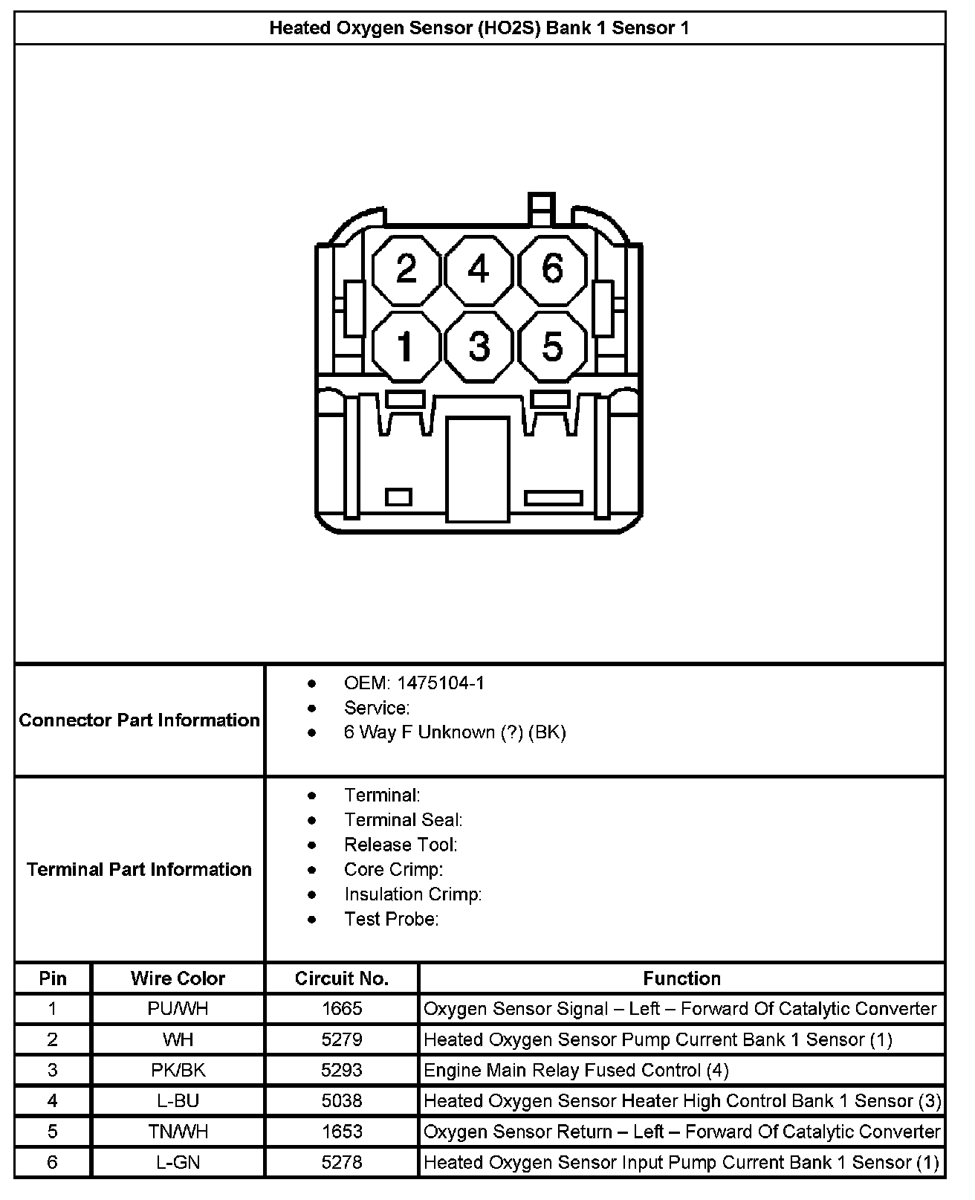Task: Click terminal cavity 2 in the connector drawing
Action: [406, 269]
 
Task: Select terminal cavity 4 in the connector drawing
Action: [479, 269]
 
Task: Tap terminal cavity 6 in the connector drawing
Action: [552, 269]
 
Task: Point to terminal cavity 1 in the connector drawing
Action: [406, 346]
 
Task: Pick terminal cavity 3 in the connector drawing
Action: [479, 346]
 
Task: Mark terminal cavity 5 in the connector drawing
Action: [552, 346]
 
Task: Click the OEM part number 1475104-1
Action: [440, 683]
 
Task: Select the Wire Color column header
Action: [178, 978]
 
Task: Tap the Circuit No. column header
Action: [342, 978]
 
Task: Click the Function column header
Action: [681, 978]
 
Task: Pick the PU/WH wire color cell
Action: [178, 1009]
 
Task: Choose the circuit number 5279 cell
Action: [342, 1039]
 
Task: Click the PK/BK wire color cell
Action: [178, 1071]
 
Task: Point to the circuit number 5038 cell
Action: [342, 1101]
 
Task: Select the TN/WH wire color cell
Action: [178, 1132]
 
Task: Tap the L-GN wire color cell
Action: [178, 1162]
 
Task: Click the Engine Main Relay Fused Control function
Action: [576, 1071]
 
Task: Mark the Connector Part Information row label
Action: [140, 720]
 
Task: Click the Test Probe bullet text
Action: [391, 920]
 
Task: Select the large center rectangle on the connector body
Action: [478, 468]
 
